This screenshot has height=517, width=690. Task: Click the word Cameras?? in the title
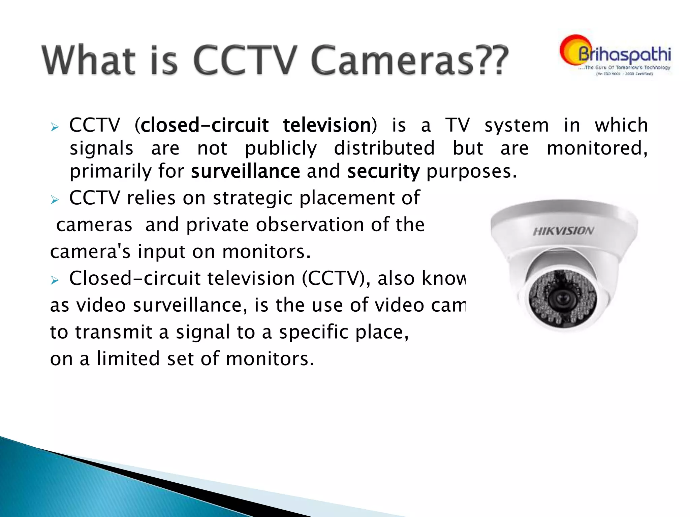[x=409, y=61]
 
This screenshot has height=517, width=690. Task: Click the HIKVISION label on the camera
[x=563, y=231]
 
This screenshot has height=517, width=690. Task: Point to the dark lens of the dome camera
[x=562, y=298]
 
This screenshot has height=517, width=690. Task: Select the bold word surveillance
[x=245, y=171]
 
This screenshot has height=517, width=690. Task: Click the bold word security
[x=383, y=172]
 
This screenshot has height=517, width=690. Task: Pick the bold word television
[x=327, y=126]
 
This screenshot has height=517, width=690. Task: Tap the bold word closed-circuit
[x=205, y=126]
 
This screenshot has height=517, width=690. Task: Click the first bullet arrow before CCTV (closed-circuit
[x=55, y=127]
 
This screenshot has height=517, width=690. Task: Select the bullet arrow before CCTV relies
[x=55, y=200]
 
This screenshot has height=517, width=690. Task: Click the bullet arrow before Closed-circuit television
[x=55, y=280]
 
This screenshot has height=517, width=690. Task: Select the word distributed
[x=384, y=148]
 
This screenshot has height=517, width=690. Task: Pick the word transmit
[x=114, y=332]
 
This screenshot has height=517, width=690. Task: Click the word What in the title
[x=89, y=61]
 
